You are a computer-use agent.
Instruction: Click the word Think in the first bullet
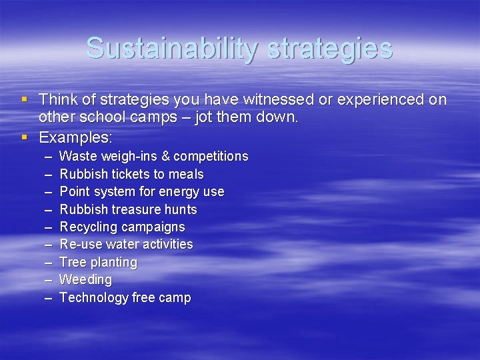(57, 100)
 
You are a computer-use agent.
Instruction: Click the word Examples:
(76, 138)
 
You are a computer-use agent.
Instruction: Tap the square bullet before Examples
(25, 137)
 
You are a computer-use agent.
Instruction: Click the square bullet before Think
(25, 99)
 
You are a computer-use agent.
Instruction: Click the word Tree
(72, 263)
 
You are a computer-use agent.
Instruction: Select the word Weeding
(85, 280)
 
